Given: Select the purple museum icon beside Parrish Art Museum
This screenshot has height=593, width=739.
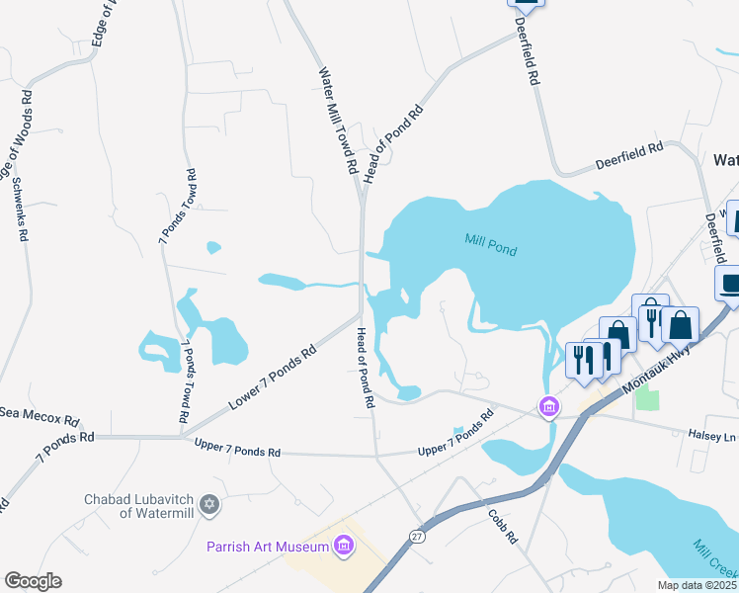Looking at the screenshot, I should coord(344,546).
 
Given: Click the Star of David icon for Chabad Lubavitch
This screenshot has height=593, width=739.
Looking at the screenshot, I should coord(207,505).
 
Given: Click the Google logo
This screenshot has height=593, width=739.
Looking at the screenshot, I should coord(34,581).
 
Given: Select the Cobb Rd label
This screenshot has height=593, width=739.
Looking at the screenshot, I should coord(502,527).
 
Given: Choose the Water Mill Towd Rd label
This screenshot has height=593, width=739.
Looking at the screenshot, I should coord(337,121).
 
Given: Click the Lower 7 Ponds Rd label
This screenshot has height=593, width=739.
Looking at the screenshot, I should coord(272,377).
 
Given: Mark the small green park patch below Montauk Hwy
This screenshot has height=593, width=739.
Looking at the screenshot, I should coord(647,397).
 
